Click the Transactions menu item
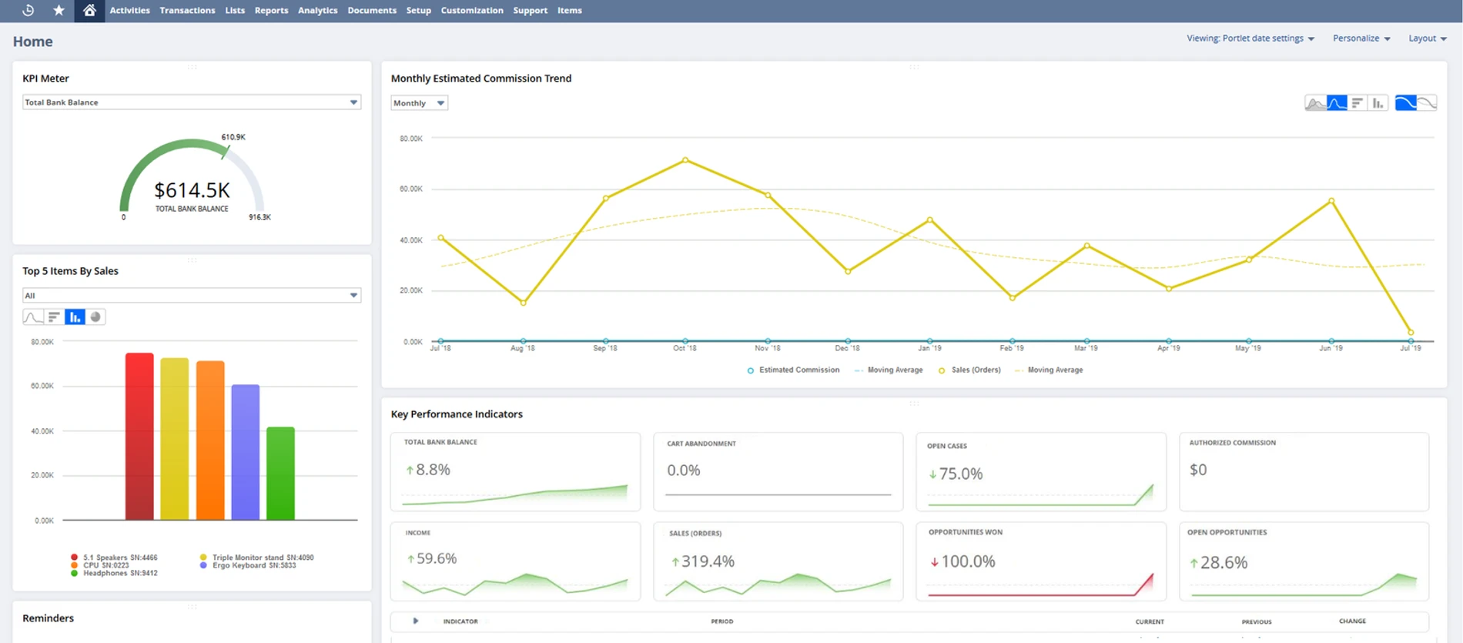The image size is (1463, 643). pos(187,11)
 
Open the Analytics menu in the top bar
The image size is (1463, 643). pos(317,11)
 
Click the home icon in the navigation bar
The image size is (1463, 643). pos(89,11)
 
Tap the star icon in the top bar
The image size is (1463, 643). pos(59,11)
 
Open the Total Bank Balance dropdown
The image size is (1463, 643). pos(191,102)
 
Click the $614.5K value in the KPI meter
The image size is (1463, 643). pos(192,190)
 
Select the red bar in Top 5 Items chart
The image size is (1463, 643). pos(139,437)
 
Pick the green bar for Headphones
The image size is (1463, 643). pos(280,474)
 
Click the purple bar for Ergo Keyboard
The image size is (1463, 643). pos(245,452)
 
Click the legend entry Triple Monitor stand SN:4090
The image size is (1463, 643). pos(262,558)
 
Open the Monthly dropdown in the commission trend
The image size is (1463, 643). pos(419,103)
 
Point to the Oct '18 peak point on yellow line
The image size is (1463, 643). pos(685,160)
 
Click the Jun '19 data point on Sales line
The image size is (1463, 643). pos(1331,201)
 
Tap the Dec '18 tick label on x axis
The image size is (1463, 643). pos(847,349)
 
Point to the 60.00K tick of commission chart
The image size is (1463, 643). pos(411,189)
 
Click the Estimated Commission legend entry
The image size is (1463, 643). pos(798,370)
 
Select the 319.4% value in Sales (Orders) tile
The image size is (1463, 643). pos(707,561)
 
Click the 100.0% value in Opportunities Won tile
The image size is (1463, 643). pos(968,562)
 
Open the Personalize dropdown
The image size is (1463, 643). pos(1361,39)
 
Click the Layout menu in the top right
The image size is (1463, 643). pos(1427,39)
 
